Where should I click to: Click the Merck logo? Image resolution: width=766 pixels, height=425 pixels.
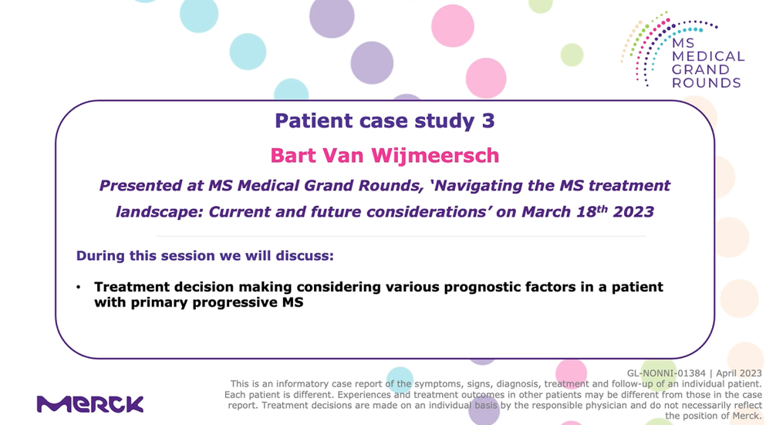tap(90, 404)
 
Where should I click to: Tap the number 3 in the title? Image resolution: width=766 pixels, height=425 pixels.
tap(488, 120)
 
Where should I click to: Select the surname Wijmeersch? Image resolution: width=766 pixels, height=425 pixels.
tap(435, 155)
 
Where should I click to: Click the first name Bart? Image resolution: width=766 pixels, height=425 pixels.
tap(292, 155)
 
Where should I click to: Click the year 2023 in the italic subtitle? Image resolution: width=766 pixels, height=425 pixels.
tap(633, 212)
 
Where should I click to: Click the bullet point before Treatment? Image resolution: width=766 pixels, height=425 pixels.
tap(79, 287)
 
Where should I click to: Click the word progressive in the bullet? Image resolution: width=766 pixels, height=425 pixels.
tap(235, 303)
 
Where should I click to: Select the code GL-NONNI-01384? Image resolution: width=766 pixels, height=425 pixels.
tap(666, 373)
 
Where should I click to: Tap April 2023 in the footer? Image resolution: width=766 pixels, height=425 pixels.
tap(739, 373)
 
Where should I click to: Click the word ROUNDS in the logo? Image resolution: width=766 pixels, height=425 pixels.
tap(707, 83)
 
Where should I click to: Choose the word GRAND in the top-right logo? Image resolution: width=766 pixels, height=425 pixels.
tap(700, 70)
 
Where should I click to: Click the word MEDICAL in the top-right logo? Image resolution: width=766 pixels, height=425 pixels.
tap(708, 56)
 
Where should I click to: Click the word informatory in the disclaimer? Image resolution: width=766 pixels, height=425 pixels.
tap(286, 384)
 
